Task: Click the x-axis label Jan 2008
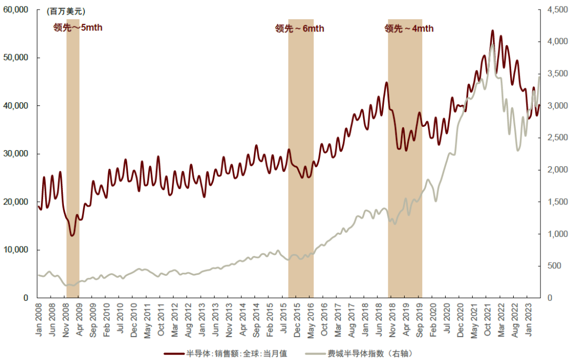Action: click(38, 320)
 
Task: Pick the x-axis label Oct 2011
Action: click(161, 320)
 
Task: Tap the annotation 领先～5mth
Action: click(78, 28)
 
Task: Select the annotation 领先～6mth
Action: click(300, 29)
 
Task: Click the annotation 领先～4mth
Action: click(409, 29)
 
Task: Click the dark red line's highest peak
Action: click(492, 31)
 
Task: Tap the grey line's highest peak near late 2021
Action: click(492, 45)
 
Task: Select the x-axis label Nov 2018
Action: click(391, 320)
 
